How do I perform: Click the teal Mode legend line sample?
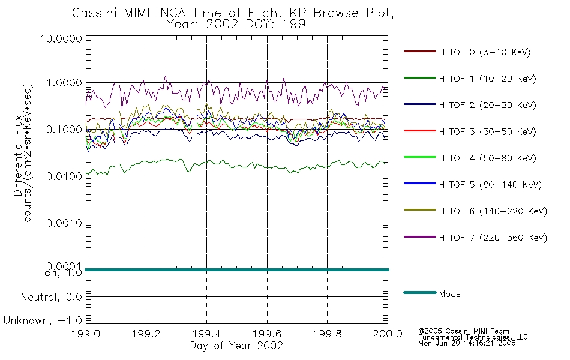click(420, 292)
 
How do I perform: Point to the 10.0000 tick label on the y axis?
click(61, 38)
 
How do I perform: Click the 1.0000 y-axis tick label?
click(64, 83)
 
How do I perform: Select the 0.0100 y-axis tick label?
click(64, 176)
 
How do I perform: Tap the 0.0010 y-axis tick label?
click(64, 223)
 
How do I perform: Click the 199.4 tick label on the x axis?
click(207, 334)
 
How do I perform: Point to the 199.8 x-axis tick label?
click(328, 334)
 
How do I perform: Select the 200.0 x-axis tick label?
click(388, 334)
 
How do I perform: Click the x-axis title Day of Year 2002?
click(236, 346)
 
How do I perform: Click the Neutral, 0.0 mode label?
click(52, 297)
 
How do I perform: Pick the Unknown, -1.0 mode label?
click(43, 320)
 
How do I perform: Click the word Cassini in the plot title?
click(95, 13)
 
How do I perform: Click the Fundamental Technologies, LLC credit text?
click(473, 337)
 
